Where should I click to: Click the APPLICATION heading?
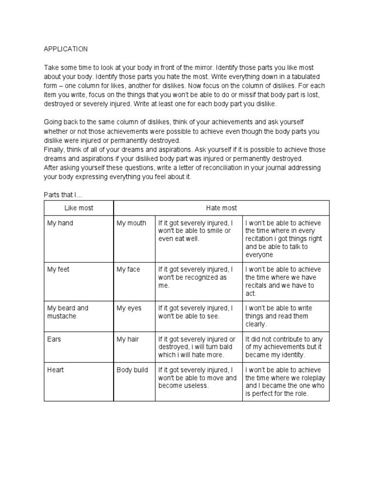66,49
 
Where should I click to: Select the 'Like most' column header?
79,208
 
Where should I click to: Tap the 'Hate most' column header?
221,208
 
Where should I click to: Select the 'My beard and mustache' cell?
68,312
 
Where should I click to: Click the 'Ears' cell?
54,339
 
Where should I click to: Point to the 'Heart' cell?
55,370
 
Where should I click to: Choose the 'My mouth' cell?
131,223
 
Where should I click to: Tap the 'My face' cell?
128,269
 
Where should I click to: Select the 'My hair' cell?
128,339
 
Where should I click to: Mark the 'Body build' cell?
132,370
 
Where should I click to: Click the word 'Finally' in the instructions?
54,149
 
